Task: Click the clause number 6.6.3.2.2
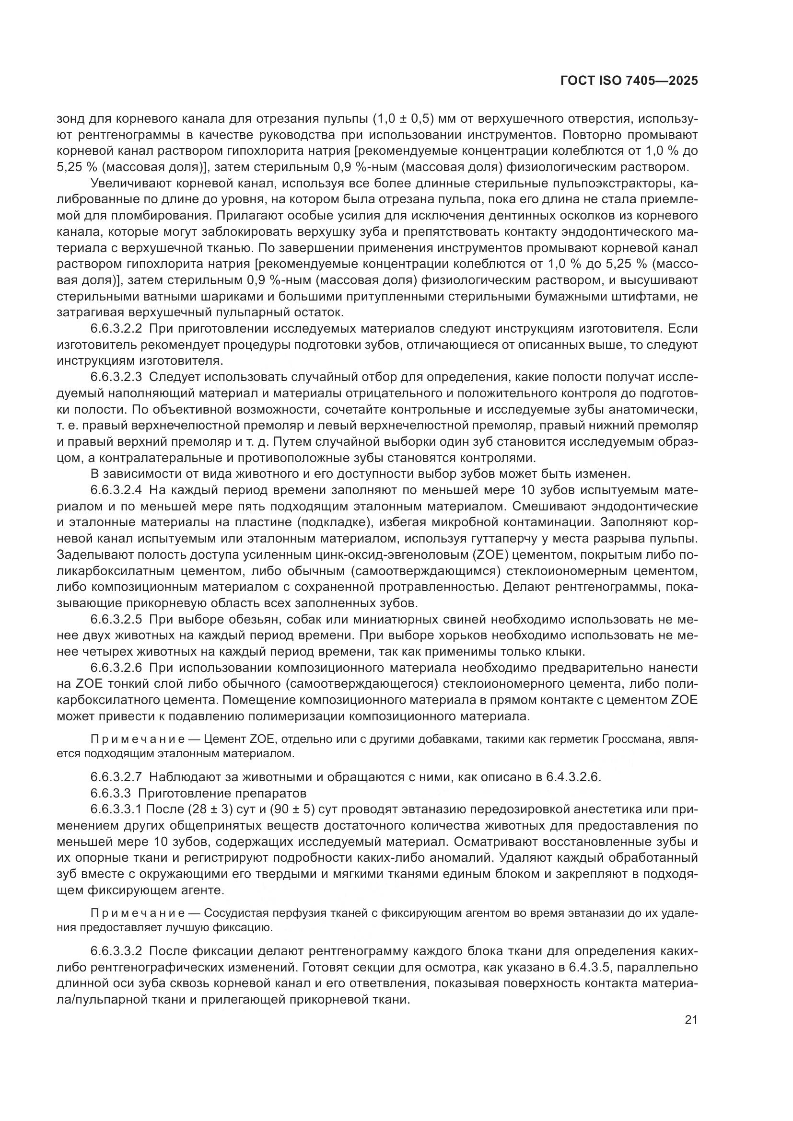coord(116,329)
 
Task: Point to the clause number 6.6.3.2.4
coord(116,490)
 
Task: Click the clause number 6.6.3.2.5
coord(116,620)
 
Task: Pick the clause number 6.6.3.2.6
coord(116,668)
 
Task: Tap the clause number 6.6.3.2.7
coord(116,777)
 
